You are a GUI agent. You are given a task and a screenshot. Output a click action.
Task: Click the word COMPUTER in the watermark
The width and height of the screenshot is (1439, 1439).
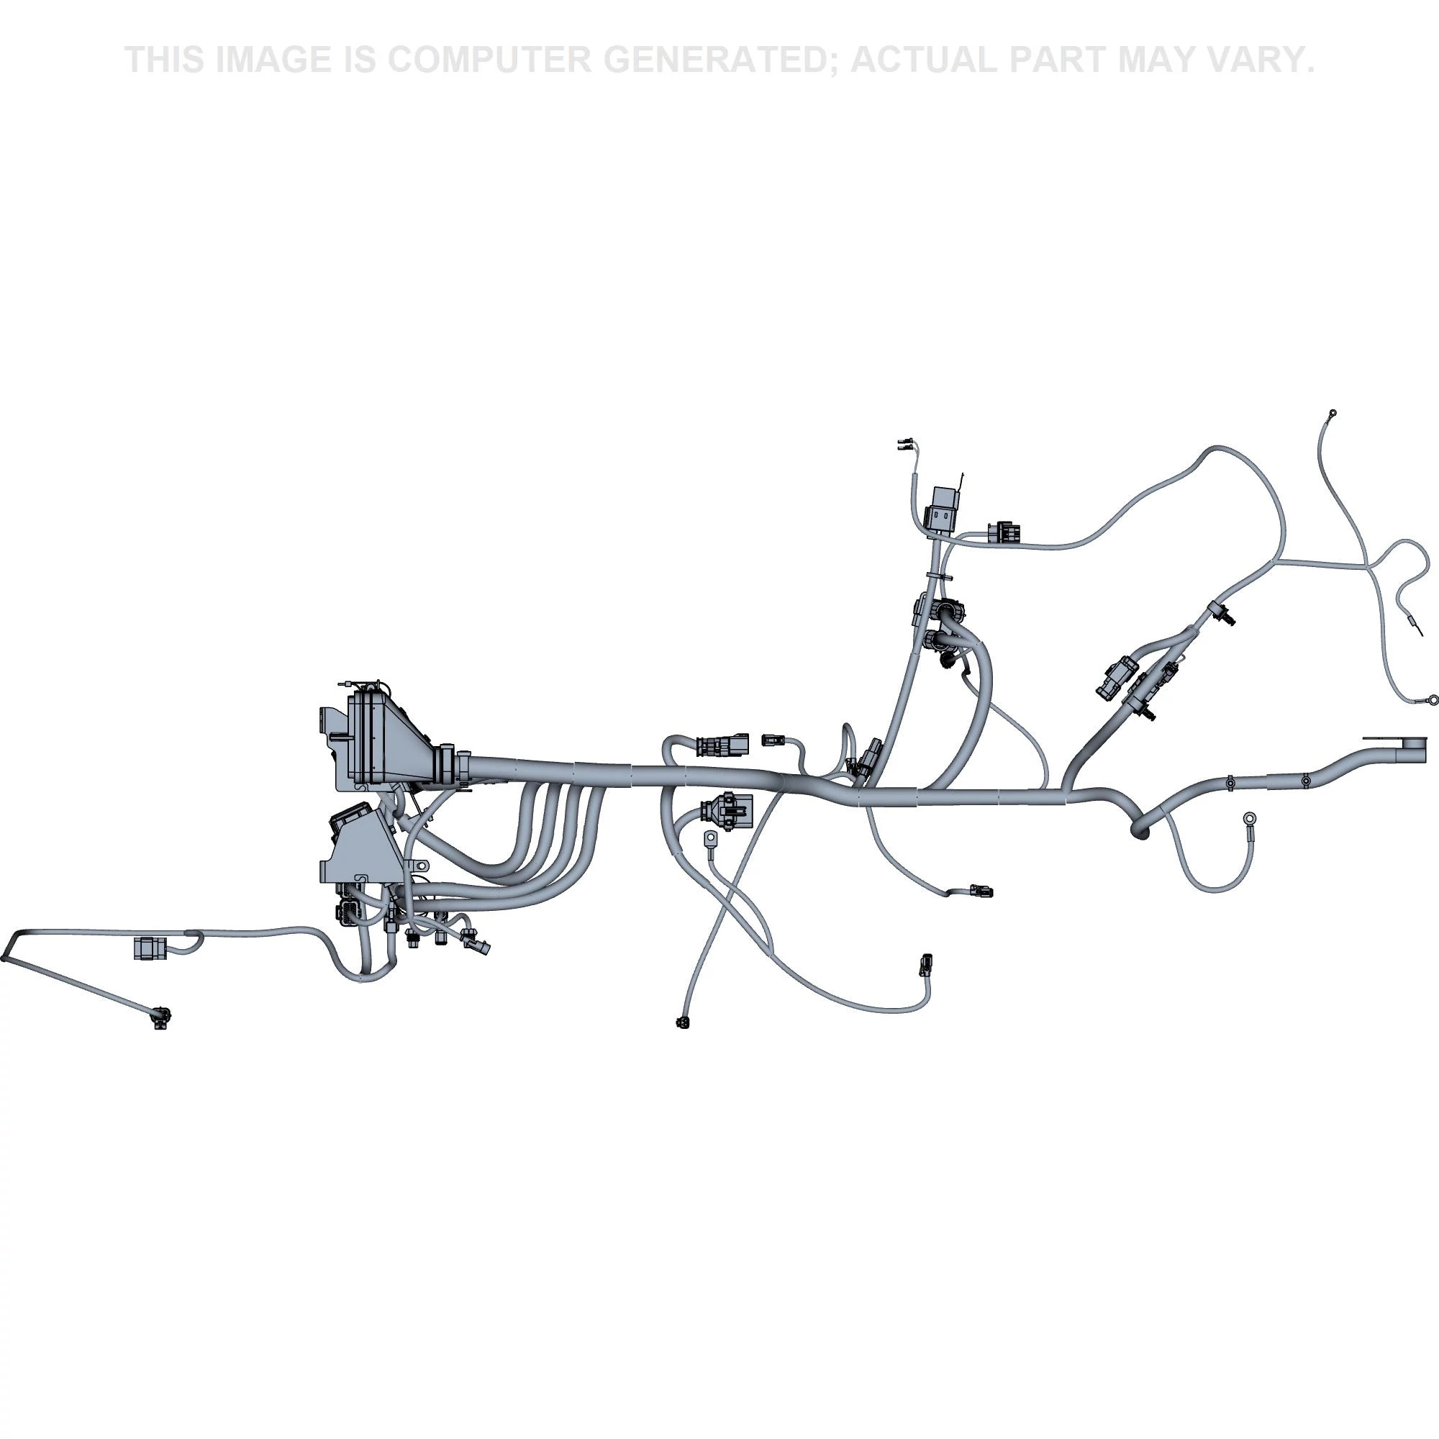pos(488,60)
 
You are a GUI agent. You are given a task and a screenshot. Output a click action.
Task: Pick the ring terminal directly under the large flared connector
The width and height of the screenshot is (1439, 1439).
pos(710,840)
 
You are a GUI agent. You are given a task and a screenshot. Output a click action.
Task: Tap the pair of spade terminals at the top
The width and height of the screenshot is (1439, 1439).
pos(907,445)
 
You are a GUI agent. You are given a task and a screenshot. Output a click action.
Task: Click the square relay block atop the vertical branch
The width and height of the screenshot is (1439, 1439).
pos(940,509)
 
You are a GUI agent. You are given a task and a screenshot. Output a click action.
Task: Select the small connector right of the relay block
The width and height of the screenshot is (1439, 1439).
pos(1004,532)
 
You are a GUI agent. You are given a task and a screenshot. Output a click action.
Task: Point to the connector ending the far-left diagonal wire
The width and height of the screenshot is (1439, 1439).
pos(160,1017)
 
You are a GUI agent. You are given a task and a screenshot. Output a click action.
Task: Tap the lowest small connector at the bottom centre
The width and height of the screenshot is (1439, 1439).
pos(682,1022)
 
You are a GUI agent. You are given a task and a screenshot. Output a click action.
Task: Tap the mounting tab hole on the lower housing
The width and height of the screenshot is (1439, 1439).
pos(420,866)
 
